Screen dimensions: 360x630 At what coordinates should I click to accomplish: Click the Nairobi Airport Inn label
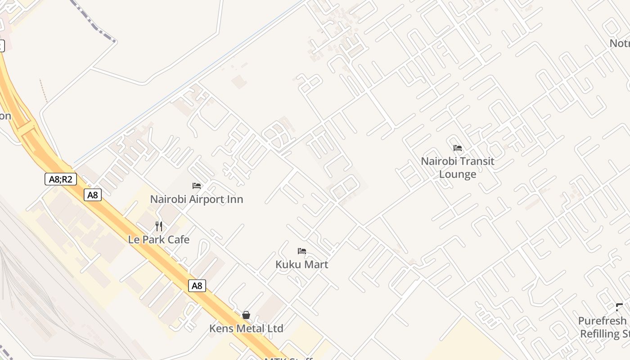(x=197, y=199)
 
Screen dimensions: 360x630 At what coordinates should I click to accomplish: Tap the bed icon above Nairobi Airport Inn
(x=197, y=185)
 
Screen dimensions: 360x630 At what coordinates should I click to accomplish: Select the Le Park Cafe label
(x=159, y=240)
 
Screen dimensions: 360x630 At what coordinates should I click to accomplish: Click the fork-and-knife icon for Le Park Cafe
(x=159, y=226)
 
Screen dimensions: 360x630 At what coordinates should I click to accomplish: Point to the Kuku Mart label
(x=302, y=265)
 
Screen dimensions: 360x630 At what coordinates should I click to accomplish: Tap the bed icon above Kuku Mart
(x=302, y=251)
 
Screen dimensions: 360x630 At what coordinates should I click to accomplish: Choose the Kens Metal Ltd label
(x=246, y=328)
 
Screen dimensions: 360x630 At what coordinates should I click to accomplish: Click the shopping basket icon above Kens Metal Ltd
(x=246, y=315)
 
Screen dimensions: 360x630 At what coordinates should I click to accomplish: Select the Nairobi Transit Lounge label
(x=458, y=167)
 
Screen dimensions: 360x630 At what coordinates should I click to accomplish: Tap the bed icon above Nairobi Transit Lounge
(x=458, y=148)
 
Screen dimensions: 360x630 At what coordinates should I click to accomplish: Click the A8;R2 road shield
(x=61, y=179)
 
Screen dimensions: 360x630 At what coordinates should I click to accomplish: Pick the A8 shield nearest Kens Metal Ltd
(x=197, y=286)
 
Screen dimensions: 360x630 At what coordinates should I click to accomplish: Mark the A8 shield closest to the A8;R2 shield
(x=93, y=195)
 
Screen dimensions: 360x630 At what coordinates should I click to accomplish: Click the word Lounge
(x=458, y=174)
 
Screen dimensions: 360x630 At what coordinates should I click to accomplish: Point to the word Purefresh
(x=602, y=321)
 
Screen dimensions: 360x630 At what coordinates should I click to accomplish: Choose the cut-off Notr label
(x=620, y=44)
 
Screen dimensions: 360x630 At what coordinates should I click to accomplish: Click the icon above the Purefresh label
(x=620, y=307)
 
